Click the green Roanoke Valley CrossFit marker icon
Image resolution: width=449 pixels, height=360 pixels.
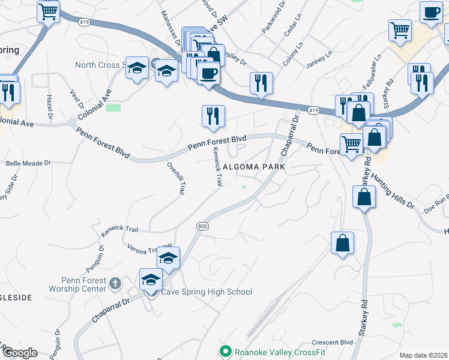click(x=226, y=350)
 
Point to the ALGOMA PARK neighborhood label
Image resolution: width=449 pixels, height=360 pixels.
click(x=253, y=167)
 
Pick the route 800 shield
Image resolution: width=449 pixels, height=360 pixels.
click(x=202, y=226)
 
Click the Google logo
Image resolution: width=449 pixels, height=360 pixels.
click(x=19, y=353)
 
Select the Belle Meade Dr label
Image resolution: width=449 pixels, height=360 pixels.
click(x=28, y=163)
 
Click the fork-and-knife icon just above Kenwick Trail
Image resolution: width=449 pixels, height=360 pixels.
click(x=212, y=116)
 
